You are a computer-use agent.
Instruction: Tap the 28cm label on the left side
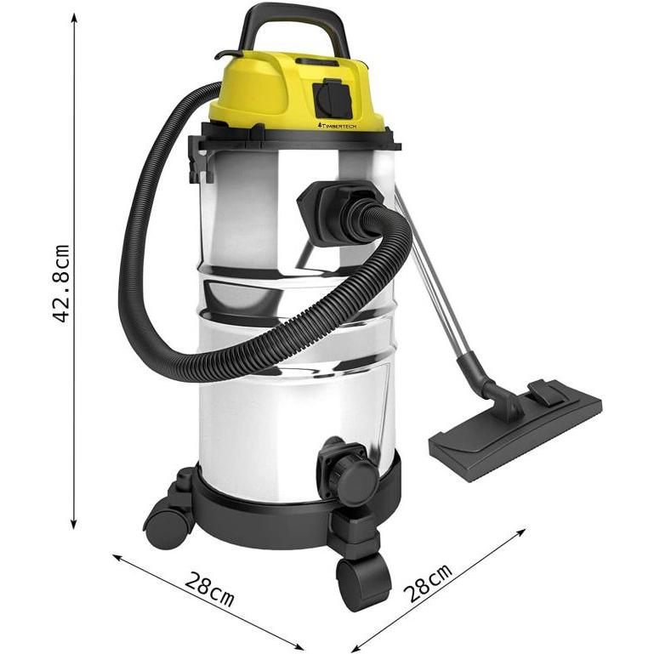(x=209, y=589)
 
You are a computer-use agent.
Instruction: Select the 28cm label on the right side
(x=428, y=583)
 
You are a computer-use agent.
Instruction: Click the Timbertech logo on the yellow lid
(x=337, y=125)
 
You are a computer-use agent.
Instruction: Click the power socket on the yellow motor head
(x=333, y=99)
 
